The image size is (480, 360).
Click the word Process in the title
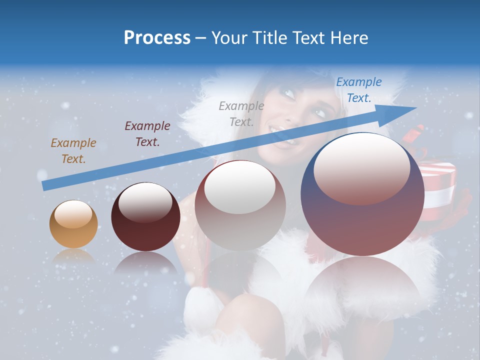click(157, 38)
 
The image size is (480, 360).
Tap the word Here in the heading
click(348, 38)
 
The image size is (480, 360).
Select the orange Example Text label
click(73, 150)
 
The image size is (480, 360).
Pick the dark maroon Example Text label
click(147, 133)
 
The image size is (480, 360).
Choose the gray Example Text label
click(241, 113)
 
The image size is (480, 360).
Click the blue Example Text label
click(358, 90)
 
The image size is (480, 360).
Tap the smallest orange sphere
click(73, 224)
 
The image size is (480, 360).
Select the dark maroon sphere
click(145, 216)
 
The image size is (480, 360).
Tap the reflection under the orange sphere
click(73, 256)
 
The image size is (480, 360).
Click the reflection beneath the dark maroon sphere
click(145, 262)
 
